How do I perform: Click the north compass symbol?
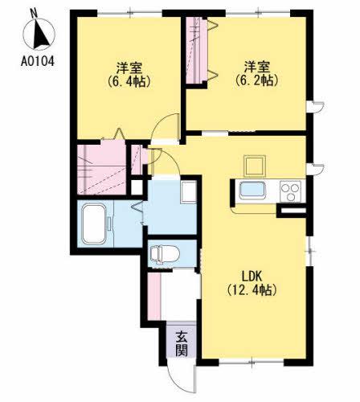pyautogui.click(x=35, y=31)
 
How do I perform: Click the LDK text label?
pyautogui.click(x=251, y=276)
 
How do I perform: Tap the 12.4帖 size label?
pyautogui.click(x=251, y=289)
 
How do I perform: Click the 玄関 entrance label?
pyautogui.click(x=182, y=343)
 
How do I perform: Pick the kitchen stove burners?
pyautogui.click(x=290, y=191)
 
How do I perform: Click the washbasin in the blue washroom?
pyautogui.click(x=188, y=194)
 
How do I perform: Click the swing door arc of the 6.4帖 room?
pyautogui.click(x=167, y=129)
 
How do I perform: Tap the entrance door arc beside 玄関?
pyautogui.click(x=180, y=378)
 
